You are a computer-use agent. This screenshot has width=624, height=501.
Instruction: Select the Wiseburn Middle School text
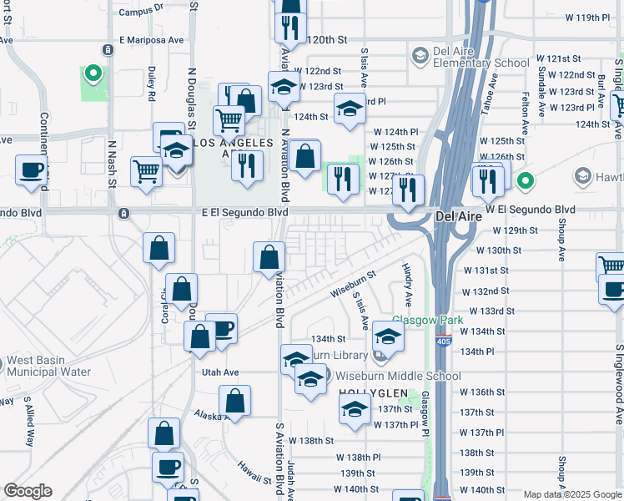click(x=398, y=376)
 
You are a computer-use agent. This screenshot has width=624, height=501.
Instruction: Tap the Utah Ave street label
click(x=219, y=372)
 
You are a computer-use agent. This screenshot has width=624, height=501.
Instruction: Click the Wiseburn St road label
click(x=354, y=281)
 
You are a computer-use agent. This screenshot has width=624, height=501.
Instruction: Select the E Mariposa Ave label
click(x=151, y=39)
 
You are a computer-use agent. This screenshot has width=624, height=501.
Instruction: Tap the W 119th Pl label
click(x=589, y=18)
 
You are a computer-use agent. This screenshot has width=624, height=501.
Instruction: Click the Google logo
click(x=28, y=491)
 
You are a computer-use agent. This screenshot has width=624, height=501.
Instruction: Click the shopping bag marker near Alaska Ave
click(x=236, y=400)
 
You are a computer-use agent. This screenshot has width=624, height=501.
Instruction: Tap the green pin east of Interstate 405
click(x=525, y=180)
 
